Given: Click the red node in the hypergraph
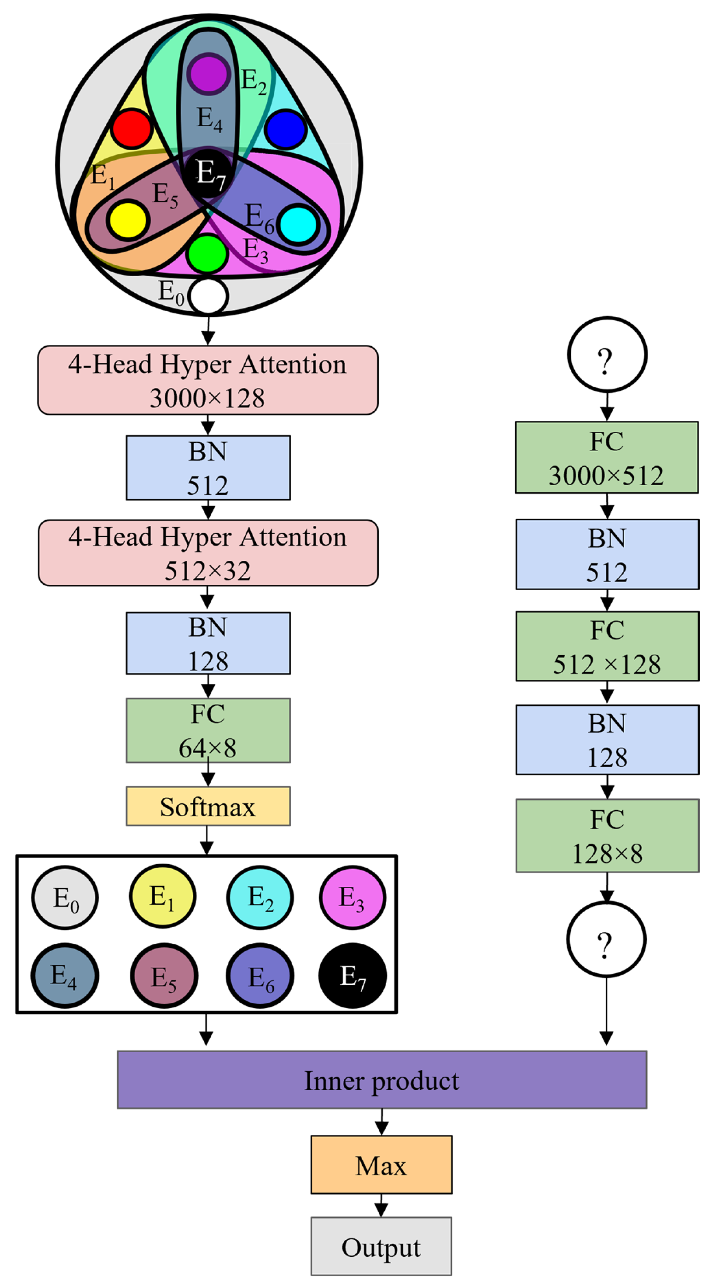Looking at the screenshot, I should (132, 129).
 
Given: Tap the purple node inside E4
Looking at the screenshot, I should (208, 74).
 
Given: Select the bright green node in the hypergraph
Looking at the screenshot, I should (207, 254).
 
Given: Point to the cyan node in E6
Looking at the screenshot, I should (298, 224).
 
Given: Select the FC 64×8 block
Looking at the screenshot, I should (208, 730).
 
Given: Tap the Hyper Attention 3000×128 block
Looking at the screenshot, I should (208, 380).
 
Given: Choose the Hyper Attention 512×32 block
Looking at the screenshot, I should (208, 553).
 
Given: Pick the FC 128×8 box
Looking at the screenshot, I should (607, 836).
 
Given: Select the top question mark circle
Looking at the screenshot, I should (607, 355).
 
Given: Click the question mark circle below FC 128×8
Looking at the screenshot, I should (606, 939).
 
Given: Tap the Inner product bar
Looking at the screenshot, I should (382, 1080).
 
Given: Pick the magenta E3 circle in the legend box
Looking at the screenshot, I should (352, 897).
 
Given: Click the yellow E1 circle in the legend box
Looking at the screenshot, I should (163, 896).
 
